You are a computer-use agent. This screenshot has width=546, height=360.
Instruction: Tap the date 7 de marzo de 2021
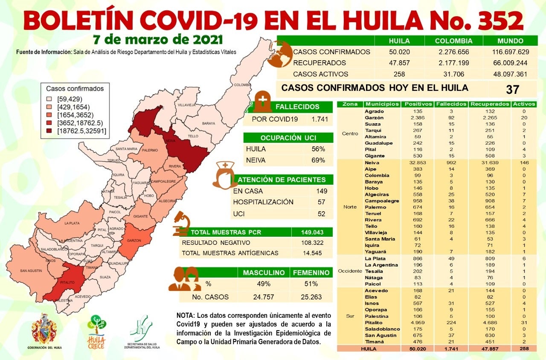click(x=158, y=40)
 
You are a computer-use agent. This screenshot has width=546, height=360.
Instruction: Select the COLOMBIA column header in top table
click(x=453, y=41)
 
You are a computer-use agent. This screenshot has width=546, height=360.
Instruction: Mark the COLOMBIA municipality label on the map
click(x=242, y=85)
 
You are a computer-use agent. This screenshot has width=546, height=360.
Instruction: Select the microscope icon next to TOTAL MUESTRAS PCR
click(x=181, y=224)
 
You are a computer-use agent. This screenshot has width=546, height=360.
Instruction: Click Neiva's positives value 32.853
click(x=412, y=163)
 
